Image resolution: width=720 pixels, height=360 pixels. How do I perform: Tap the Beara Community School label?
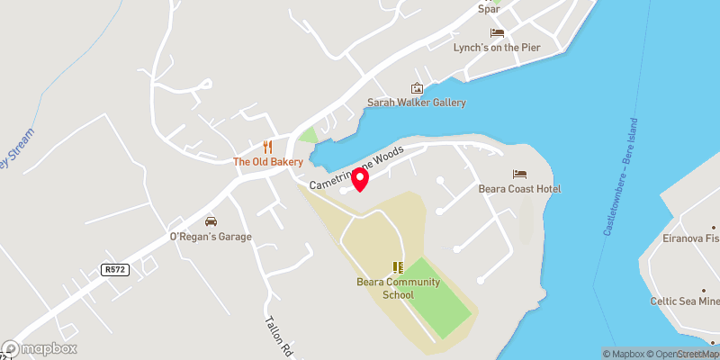point(398,288)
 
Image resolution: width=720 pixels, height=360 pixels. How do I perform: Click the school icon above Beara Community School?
point(398,266)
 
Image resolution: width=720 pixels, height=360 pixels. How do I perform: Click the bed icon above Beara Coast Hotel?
point(520,174)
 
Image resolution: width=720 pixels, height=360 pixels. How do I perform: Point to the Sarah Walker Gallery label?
point(417,103)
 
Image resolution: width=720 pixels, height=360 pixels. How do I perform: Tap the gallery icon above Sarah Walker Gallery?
point(417,88)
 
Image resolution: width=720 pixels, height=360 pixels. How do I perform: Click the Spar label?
point(489,8)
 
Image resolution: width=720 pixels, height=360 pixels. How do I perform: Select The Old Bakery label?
point(267,162)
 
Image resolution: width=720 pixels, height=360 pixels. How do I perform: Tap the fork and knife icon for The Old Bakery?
point(267,147)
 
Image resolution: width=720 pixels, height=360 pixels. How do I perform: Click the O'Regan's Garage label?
point(211,237)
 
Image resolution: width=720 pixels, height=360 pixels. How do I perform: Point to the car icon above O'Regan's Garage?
point(211,221)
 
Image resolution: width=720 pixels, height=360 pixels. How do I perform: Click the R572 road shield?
point(114,269)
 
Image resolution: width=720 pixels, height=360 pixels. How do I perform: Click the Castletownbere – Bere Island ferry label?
point(620,177)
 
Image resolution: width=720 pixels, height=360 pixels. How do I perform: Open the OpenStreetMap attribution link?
point(682,354)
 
